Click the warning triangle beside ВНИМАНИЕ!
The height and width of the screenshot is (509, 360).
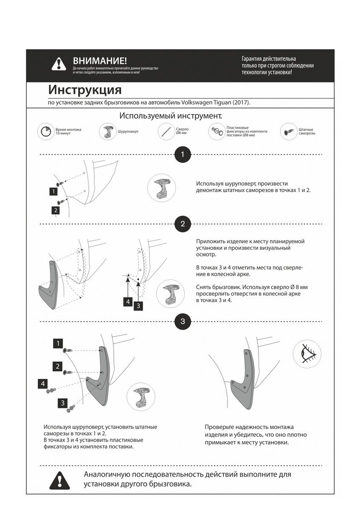click(59, 64)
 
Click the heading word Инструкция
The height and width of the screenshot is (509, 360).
click(85, 90)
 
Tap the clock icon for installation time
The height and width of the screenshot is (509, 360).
click(45, 132)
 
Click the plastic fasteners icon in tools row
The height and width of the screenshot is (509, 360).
click(217, 131)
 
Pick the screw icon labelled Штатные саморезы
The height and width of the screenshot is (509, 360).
click(288, 131)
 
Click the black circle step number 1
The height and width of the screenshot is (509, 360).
click(183, 154)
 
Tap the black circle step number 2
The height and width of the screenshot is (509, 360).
click(183, 224)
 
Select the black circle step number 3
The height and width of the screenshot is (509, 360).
click(183, 321)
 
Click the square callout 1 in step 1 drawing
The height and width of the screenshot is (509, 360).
click(53, 192)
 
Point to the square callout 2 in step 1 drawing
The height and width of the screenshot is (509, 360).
click(56, 210)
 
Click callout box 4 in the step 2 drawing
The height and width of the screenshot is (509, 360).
click(128, 302)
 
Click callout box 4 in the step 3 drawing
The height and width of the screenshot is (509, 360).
click(43, 384)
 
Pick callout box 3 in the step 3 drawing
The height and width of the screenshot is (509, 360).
click(63, 403)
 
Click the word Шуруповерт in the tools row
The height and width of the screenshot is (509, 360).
click(128, 131)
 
